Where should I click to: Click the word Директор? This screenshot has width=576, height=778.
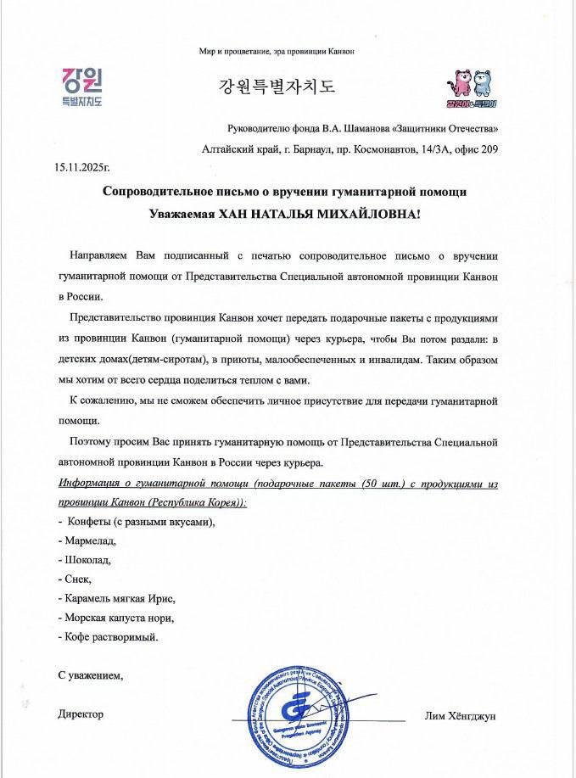coord(81,714)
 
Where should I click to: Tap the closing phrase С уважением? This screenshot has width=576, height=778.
coord(91,676)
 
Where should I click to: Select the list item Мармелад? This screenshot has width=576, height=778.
coord(87,540)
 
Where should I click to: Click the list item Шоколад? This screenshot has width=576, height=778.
coord(86,560)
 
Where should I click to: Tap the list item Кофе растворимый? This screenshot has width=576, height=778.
coord(109,635)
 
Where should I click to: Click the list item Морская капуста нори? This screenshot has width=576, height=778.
coord(120,617)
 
